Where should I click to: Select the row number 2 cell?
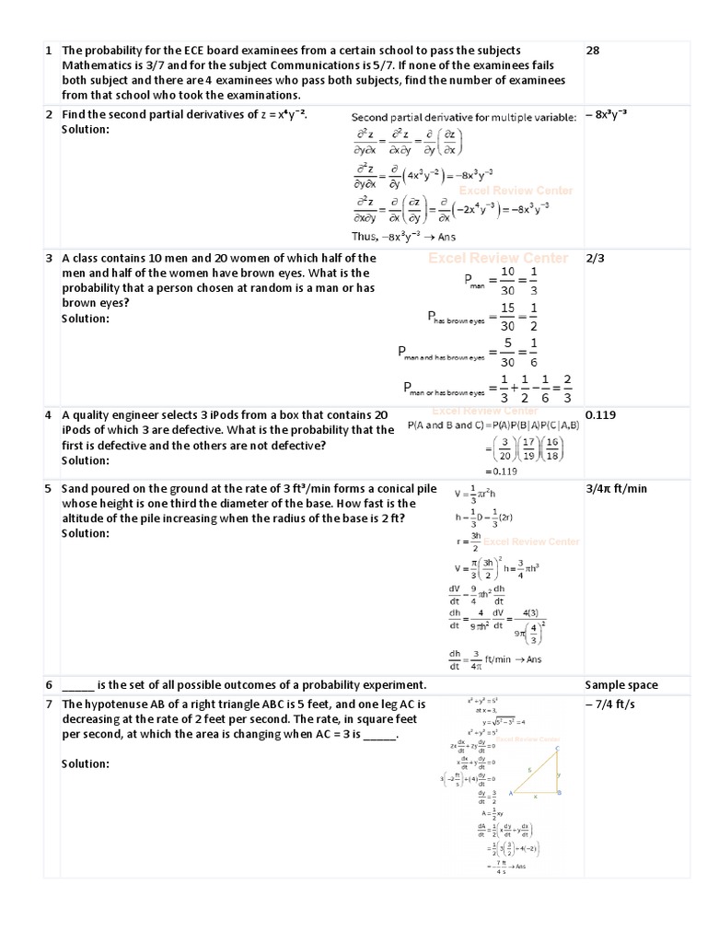pos(48,115)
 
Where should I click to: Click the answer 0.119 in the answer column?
pos(599,415)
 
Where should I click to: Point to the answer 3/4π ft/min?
pos(617,488)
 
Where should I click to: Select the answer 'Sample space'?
pos(622,684)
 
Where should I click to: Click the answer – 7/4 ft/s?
pos(612,704)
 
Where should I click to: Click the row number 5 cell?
pos(48,488)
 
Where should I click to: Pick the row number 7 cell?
pos(48,704)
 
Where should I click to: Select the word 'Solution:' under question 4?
pos(85,460)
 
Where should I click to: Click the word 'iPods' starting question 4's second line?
pos(77,430)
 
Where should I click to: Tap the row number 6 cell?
pos(48,684)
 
